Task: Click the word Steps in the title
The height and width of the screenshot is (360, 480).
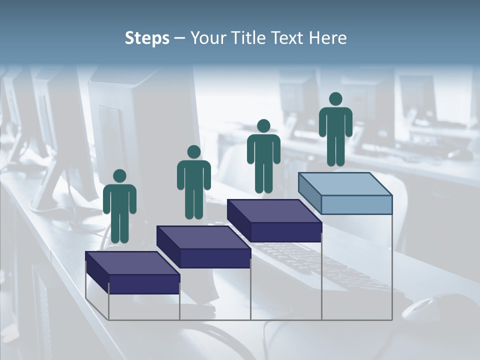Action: click(147, 38)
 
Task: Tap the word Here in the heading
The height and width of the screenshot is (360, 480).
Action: click(327, 38)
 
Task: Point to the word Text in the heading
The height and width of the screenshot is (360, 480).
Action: click(287, 38)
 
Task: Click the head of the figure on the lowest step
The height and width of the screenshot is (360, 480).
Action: click(119, 176)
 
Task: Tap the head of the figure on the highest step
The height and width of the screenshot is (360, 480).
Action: click(335, 99)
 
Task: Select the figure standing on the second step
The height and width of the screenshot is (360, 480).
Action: click(193, 182)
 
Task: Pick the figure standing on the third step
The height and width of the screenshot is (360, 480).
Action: click(263, 156)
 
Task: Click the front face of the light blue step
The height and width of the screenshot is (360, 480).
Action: click(356, 204)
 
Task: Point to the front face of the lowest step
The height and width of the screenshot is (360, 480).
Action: click(144, 284)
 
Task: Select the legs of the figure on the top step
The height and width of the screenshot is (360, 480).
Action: click(335, 150)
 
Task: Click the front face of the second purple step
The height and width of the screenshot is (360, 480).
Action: click(215, 258)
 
